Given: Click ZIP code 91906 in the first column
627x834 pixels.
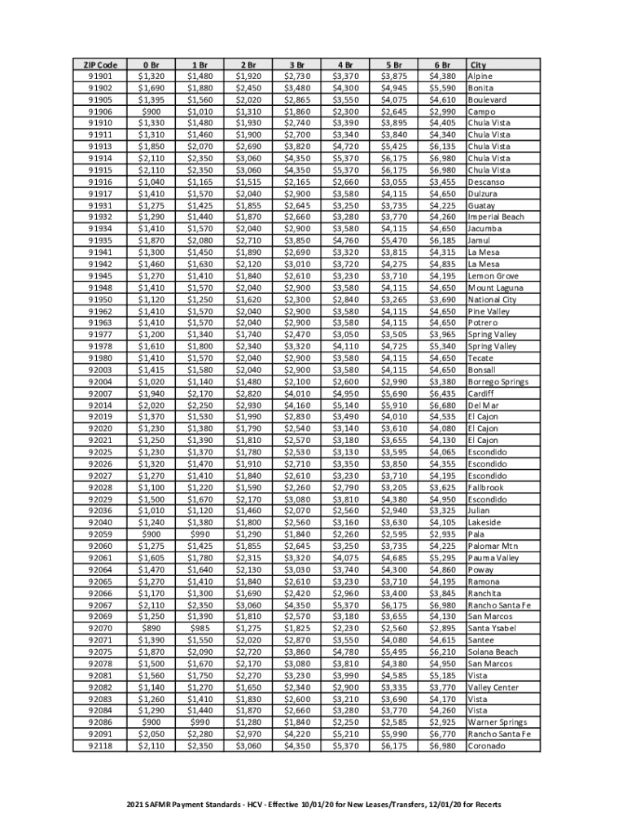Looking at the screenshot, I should click(99, 112).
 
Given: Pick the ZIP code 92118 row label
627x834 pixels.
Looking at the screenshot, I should click(99, 745).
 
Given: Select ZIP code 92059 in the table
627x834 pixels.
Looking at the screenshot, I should click(99, 534).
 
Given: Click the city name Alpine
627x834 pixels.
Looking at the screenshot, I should click(480, 77).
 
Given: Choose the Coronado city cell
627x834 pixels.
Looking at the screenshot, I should click(486, 745).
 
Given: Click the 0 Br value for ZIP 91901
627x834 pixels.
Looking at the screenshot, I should click(151, 77).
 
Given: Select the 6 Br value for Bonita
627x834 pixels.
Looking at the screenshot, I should click(443, 88).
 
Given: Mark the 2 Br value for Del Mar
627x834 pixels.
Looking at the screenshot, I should click(248, 405).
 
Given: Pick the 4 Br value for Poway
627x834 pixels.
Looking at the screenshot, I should click(345, 569).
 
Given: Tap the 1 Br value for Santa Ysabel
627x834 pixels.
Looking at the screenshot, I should click(199, 628).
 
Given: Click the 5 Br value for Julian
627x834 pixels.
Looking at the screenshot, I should click(394, 511).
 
